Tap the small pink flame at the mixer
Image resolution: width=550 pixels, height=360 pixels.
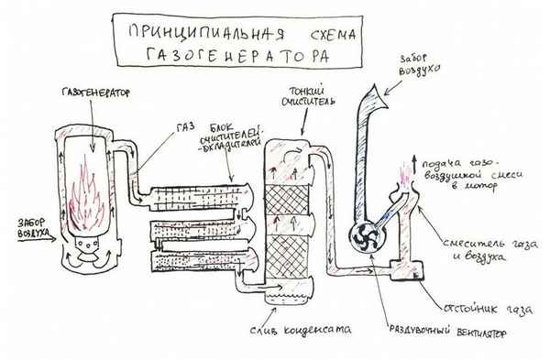click(x=403, y=175)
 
